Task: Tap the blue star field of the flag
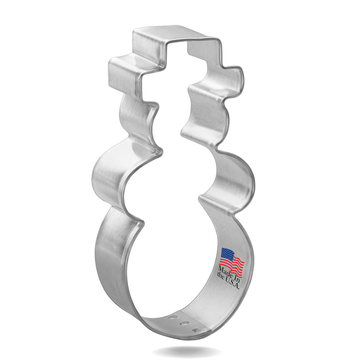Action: pos(227,254)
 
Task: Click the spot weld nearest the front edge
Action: pos(195,329)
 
